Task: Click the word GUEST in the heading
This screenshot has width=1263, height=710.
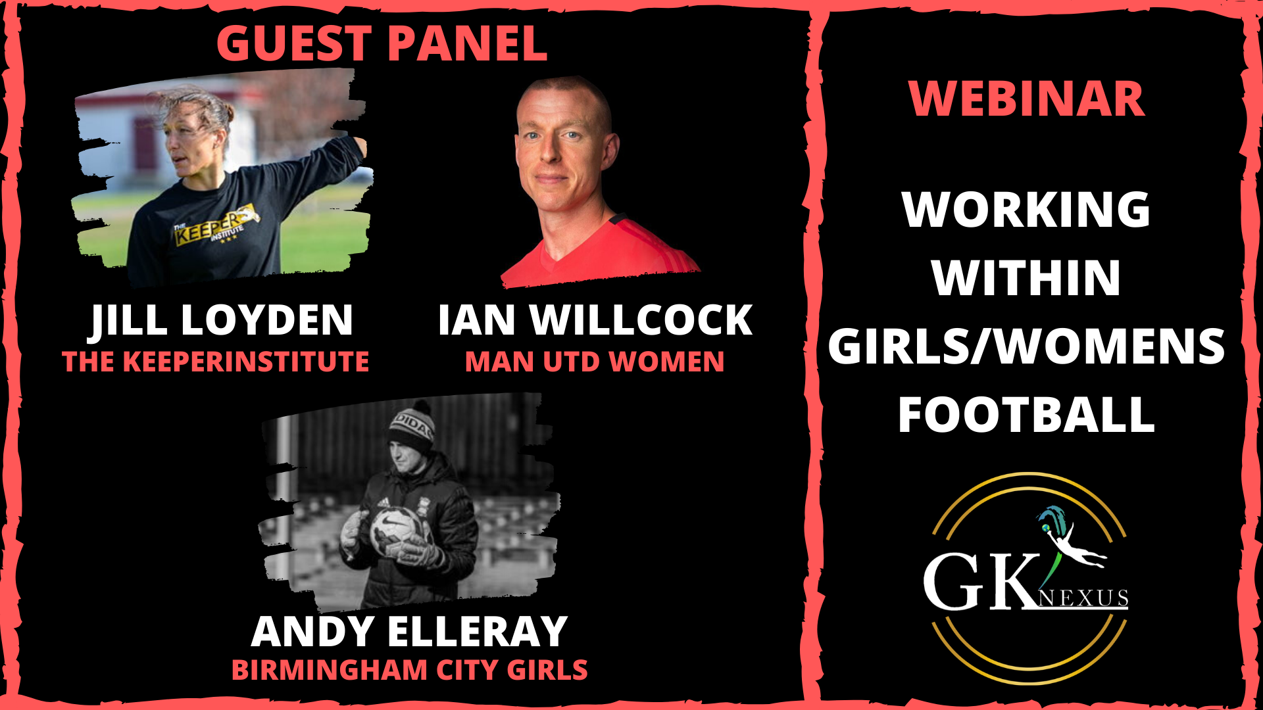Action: (x=295, y=44)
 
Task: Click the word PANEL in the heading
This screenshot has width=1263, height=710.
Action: (x=468, y=44)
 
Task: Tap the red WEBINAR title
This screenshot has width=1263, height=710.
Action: (x=1027, y=99)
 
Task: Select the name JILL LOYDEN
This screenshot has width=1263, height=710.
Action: (x=222, y=320)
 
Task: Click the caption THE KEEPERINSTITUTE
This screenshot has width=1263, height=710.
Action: (x=216, y=362)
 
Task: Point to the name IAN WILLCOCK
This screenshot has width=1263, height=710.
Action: (x=595, y=320)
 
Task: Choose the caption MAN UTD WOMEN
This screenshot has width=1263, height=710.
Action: (x=595, y=362)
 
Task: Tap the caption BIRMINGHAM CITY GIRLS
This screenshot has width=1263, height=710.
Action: (x=409, y=670)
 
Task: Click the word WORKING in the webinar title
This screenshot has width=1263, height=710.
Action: (x=1026, y=210)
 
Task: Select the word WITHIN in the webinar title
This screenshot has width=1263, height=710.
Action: (x=1026, y=278)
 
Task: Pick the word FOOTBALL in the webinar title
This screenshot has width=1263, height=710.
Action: (x=1026, y=415)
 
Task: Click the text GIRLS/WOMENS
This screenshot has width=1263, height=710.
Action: (x=1026, y=346)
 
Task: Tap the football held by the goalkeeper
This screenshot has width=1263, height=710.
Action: (x=397, y=530)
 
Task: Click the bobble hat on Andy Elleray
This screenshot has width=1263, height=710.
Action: (x=410, y=426)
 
